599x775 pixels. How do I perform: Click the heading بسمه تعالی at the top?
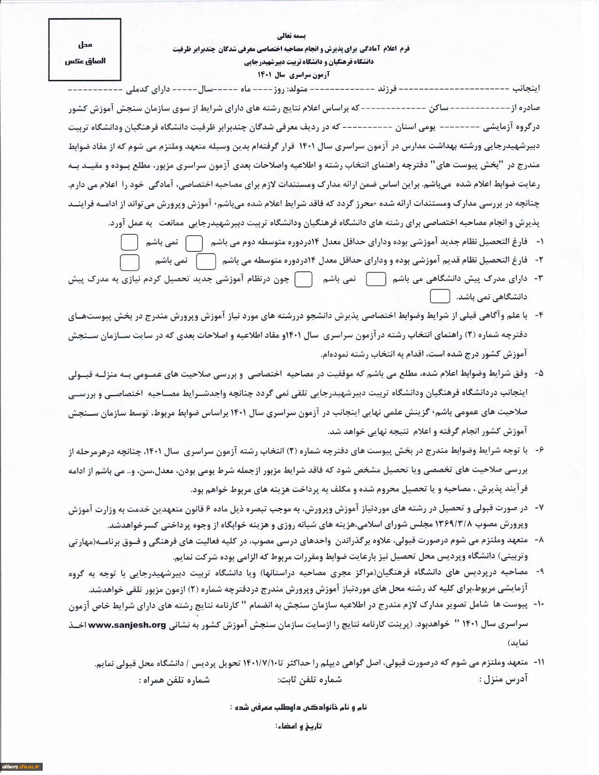[292, 36]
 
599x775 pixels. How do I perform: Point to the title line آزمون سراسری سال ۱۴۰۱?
[294, 75]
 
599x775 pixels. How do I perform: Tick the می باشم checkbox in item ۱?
[194, 243]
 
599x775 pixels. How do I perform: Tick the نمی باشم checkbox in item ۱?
[129, 242]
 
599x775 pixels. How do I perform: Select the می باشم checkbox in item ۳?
[376, 279]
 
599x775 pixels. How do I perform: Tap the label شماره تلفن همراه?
[174, 680]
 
